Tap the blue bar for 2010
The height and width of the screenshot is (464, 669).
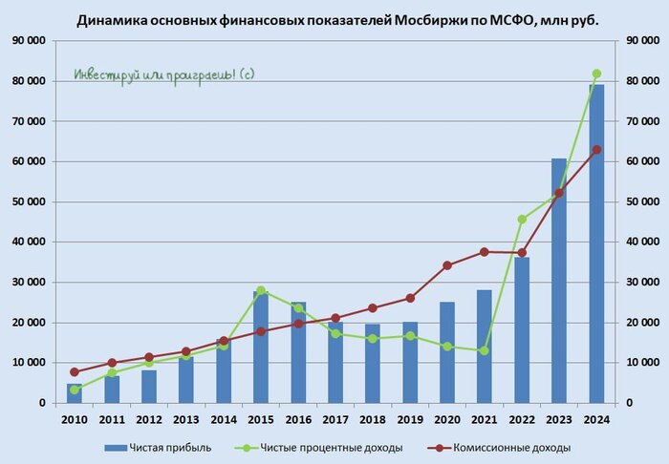pyautogui.click(x=75, y=393)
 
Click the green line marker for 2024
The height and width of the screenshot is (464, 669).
pyautogui.click(x=596, y=74)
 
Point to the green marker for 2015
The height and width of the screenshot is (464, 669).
pyautogui.click(x=261, y=290)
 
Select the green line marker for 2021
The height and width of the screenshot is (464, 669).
pyautogui.click(x=485, y=351)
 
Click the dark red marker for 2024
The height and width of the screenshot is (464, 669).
pyautogui.click(x=596, y=150)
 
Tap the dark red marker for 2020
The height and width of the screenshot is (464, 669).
pyautogui.click(x=447, y=265)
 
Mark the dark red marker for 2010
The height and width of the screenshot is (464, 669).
pyautogui.click(x=75, y=371)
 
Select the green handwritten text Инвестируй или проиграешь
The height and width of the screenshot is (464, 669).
pyautogui.click(x=164, y=74)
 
